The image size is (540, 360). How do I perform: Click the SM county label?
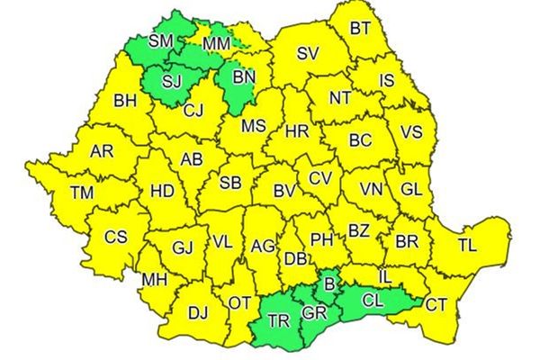(161, 40)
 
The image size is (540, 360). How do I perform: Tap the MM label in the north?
(216, 42)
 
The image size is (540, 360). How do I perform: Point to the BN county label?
(244, 76)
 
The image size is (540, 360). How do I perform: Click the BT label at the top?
(360, 28)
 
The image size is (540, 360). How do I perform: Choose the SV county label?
(308, 54)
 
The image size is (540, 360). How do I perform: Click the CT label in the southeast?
(436, 304)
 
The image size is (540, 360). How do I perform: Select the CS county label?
(116, 237)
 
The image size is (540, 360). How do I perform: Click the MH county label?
(153, 280)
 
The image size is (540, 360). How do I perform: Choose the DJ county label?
(197, 312)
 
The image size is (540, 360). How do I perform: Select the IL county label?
(384, 274)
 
